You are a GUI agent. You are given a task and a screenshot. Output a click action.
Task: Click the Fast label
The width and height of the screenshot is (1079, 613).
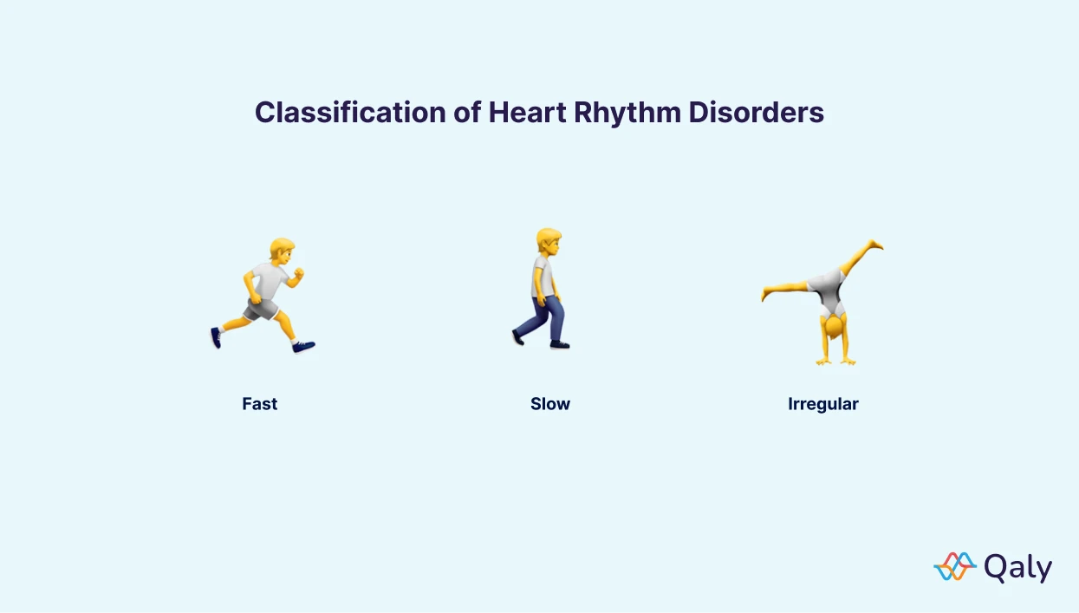[260, 404]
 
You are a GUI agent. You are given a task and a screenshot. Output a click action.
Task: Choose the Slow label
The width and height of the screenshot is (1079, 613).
[550, 404]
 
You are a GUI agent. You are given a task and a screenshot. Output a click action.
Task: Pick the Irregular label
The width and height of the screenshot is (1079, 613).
[822, 404]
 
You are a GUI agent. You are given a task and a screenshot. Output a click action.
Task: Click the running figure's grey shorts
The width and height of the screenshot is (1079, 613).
[261, 308]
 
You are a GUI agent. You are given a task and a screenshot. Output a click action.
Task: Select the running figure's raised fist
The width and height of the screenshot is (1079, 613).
[299, 276]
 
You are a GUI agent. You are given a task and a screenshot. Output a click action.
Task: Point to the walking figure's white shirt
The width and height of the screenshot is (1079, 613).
[543, 277]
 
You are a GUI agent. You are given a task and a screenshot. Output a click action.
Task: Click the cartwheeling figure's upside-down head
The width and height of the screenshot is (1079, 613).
[835, 329]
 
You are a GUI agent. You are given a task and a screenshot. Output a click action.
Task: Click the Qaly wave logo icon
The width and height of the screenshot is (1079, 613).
[954, 566]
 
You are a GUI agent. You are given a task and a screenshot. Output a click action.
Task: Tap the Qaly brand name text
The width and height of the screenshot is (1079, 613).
[1018, 568]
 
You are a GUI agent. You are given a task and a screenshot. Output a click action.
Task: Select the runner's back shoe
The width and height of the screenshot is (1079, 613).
[216, 337]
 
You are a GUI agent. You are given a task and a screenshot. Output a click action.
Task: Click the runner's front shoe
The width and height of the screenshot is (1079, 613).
[303, 347]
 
